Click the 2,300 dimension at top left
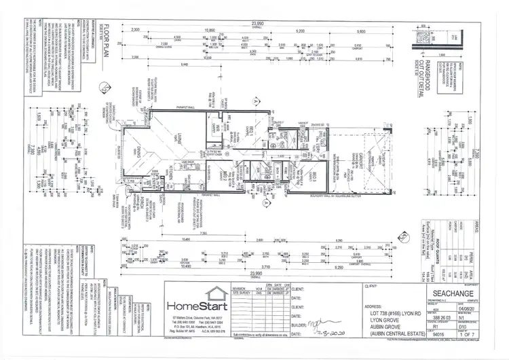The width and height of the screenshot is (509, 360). pos(136,31)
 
